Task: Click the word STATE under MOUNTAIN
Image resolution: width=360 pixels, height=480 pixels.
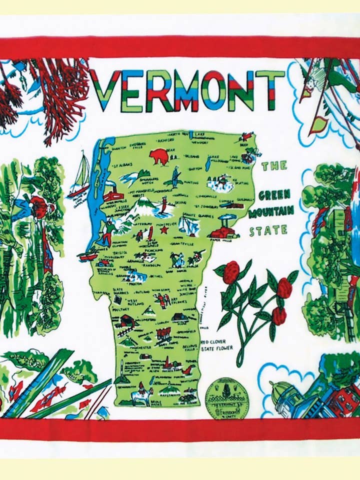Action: [x=268, y=230]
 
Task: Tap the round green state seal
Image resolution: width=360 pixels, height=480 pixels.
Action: [x=226, y=398]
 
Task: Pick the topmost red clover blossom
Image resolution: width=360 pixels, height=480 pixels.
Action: [x=231, y=272]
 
